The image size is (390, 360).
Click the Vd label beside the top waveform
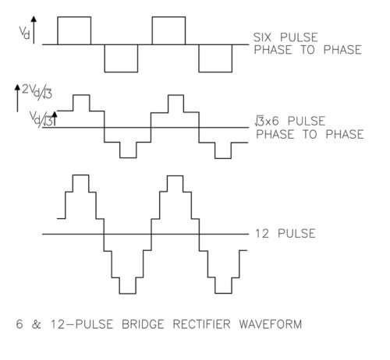24,33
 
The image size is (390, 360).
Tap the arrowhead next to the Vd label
34,19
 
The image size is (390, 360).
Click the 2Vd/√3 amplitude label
37,92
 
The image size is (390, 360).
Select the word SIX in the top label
262,37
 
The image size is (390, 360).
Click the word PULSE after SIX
299,37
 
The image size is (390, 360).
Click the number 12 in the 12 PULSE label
262,234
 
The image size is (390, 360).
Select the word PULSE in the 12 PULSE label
296,234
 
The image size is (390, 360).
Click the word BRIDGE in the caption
143,324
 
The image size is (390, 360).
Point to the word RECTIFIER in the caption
201,324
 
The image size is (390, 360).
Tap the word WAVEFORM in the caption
271,324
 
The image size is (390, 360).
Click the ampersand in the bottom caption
37,324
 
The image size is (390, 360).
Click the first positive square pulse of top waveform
74,17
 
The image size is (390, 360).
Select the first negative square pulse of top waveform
121,72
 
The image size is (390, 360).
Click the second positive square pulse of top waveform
168,17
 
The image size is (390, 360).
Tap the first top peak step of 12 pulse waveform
80,175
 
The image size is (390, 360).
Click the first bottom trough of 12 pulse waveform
128,294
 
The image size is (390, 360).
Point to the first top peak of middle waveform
81,95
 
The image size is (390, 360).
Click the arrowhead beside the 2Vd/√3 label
17,87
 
